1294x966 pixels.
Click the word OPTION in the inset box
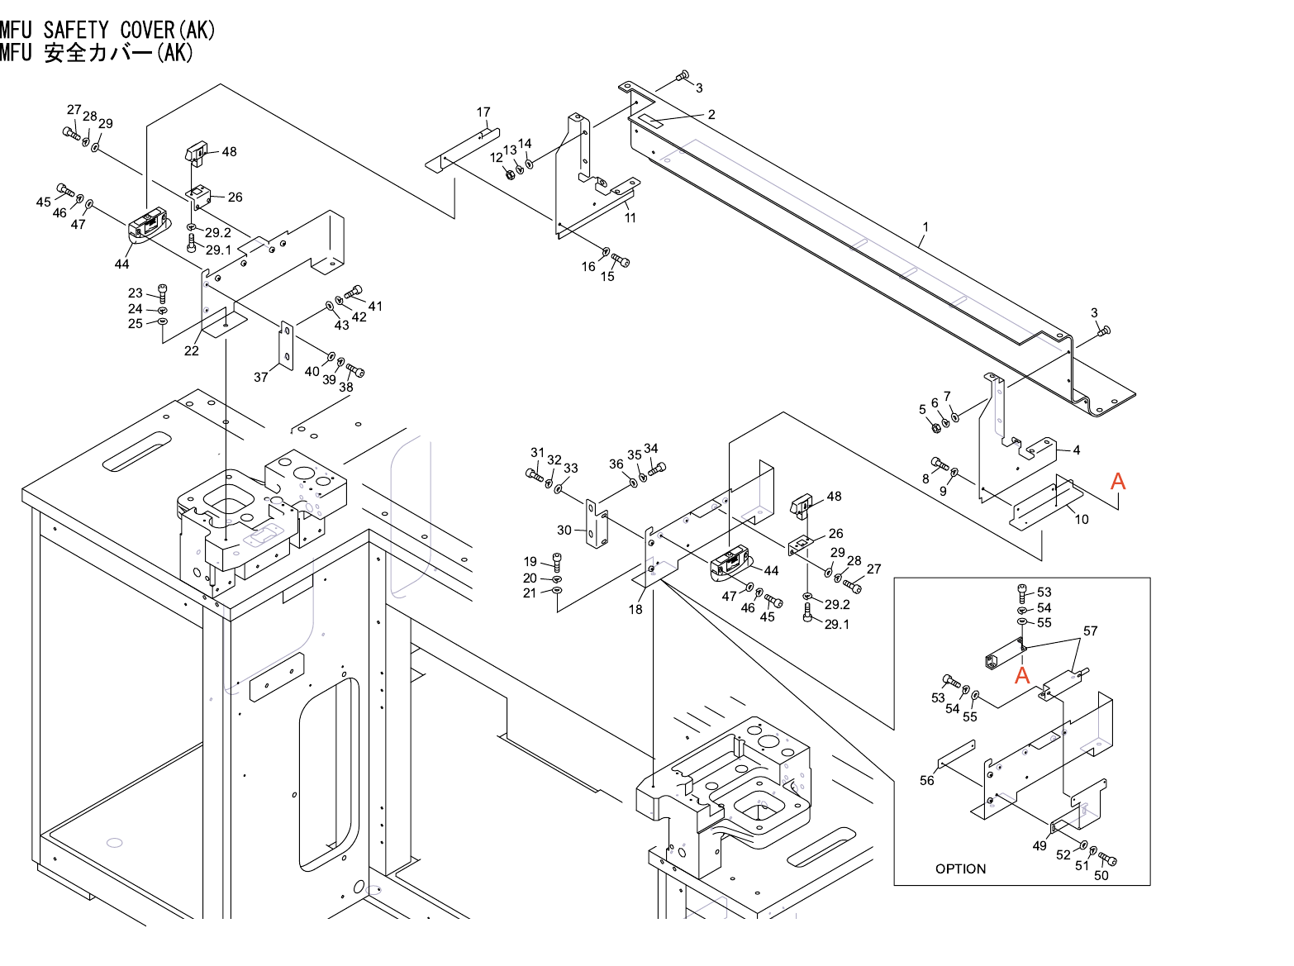tap(960, 868)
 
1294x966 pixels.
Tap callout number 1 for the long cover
tap(925, 227)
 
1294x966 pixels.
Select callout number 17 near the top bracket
tap(483, 112)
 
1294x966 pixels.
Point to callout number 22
tap(192, 350)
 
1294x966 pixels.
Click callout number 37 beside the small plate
tap(261, 377)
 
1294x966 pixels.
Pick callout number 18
tap(635, 609)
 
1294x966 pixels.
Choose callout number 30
tap(564, 531)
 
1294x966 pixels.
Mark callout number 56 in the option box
tap(927, 780)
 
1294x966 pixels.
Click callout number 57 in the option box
tap(1091, 631)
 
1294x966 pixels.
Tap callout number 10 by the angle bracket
tap(1082, 519)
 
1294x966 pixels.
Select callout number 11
tap(630, 218)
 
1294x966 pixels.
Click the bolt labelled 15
tap(621, 261)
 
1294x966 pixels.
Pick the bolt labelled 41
tap(355, 291)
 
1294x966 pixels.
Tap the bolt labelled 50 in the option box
tap(1107, 859)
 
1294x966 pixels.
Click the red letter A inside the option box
tap(1022, 675)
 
